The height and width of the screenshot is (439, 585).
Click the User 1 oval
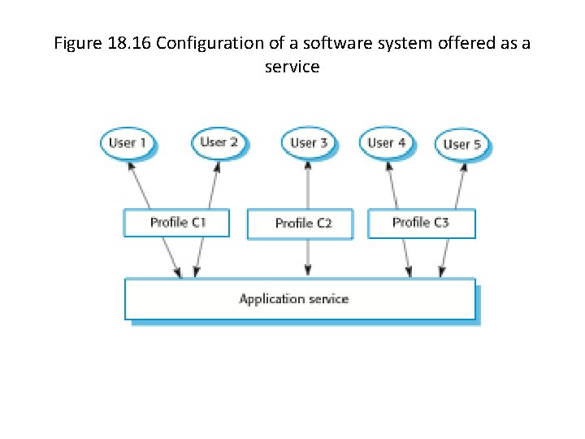tap(128, 143)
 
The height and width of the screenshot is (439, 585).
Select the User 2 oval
tap(219, 142)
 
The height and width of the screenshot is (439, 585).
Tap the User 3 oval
tap(308, 143)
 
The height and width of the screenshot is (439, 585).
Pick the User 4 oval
tap(387, 143)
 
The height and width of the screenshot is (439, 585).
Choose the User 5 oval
tap(461, 145)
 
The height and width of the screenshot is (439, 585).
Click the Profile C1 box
tap(176, 223)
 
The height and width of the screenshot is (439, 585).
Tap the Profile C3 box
tap(421, 223)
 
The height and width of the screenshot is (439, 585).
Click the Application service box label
tap(293, 299)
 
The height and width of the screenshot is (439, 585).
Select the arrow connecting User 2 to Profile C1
tap(213, 185)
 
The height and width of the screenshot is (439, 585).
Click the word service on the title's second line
tap(292, 67)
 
